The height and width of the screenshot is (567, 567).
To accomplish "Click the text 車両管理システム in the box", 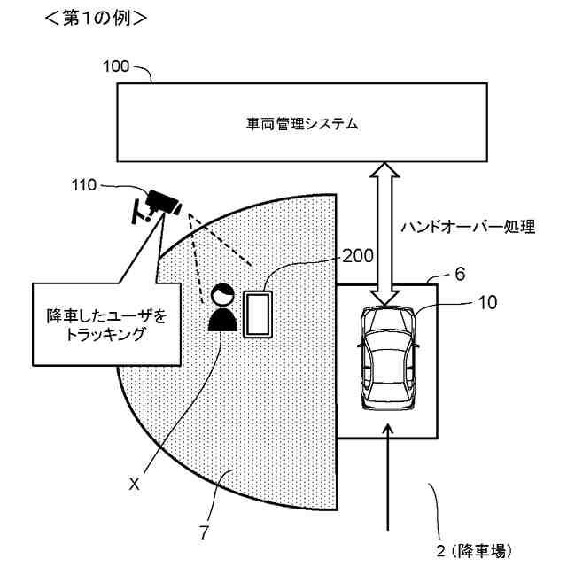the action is [x=303, y=124].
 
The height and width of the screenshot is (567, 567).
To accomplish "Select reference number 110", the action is [x=87, y=186].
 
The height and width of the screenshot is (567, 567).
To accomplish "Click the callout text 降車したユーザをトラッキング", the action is [x=106, y=325].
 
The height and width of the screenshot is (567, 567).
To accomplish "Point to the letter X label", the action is [x=135, y=484].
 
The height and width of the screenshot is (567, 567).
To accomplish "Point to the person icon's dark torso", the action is [x=221, y=318].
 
